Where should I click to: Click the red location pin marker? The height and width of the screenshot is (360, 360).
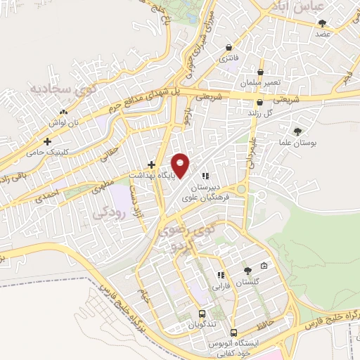click(x=181, y=165)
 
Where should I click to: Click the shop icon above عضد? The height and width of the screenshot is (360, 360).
click(x=322, y=23)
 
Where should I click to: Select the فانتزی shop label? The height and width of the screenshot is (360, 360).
click(x=229, y=58)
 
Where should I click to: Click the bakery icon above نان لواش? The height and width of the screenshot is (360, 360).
click(x=64, y=112)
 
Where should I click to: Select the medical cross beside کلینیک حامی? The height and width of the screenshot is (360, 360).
click(x=47, y=141)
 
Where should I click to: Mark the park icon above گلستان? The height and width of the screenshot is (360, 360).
click(x=247, y=271)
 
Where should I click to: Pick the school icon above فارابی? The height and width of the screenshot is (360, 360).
click(x=220, y=276)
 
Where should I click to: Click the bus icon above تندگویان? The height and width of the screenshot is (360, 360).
click(x=202, y=314)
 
